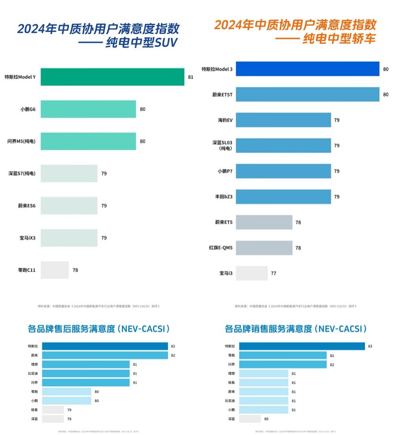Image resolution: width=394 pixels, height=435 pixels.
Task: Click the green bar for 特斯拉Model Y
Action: click(112, 77)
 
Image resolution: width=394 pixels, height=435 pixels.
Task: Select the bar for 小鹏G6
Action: click(88, 109)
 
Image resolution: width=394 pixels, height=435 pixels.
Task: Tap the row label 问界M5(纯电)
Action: click(21, 141)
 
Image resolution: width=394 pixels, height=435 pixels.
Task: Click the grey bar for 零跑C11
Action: click(55, 270)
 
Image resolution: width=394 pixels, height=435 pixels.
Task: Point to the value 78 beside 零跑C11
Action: click(75, 270)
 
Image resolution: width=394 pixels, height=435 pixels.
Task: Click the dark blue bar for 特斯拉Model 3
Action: click(307, 69)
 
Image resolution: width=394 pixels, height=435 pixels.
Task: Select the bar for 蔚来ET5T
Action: click(307, 94)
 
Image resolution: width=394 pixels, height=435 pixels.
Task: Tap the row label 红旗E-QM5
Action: click(221, 248)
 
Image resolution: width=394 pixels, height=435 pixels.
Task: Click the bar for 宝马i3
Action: click(252, 273)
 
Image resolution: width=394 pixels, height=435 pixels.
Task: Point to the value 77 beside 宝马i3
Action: click(273, 273)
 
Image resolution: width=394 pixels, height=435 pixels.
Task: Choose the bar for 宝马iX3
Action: click(69, 238)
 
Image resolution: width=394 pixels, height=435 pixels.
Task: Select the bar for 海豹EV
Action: click(283, 120)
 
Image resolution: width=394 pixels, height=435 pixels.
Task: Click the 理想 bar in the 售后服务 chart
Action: click(86, 365)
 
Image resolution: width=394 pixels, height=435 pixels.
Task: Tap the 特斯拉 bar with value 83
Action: click(302, 346)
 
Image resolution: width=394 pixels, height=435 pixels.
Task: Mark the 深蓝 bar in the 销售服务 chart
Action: click(250, 419)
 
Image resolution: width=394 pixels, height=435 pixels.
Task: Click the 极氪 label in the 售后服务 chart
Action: click(34, 410)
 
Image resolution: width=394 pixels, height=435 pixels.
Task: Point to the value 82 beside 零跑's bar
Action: click(332, 356)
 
